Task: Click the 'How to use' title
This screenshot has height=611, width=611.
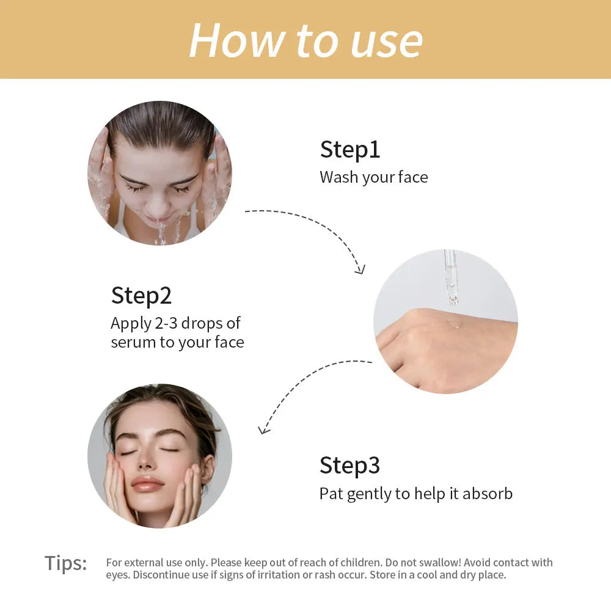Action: pyautogui.click(x=305, y=40)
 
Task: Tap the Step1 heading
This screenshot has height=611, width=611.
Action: pyautogui.click(x=350, y=150)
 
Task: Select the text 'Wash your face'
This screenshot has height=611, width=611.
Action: pyautogui.click(x=374, y=177)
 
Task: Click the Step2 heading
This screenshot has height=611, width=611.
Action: pyautogui.click(x=141, y=296)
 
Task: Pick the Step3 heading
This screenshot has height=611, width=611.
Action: pyautogui.click(x=349, y=466)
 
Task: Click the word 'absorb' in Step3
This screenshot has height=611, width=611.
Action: pyautogui.click(x=488, y=494)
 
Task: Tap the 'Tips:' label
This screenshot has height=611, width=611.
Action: pyautogui.click(x=66, y=563)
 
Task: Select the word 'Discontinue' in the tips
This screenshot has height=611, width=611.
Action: pyautogui.click(x=161, y=575)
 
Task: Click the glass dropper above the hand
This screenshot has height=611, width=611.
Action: pyautogui.click(x=451, y=275)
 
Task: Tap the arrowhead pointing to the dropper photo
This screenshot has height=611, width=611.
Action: pyautogui.click(x=360, y=269)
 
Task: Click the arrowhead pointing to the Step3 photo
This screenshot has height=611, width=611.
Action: pyautogui.click(x=264, y=430)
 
